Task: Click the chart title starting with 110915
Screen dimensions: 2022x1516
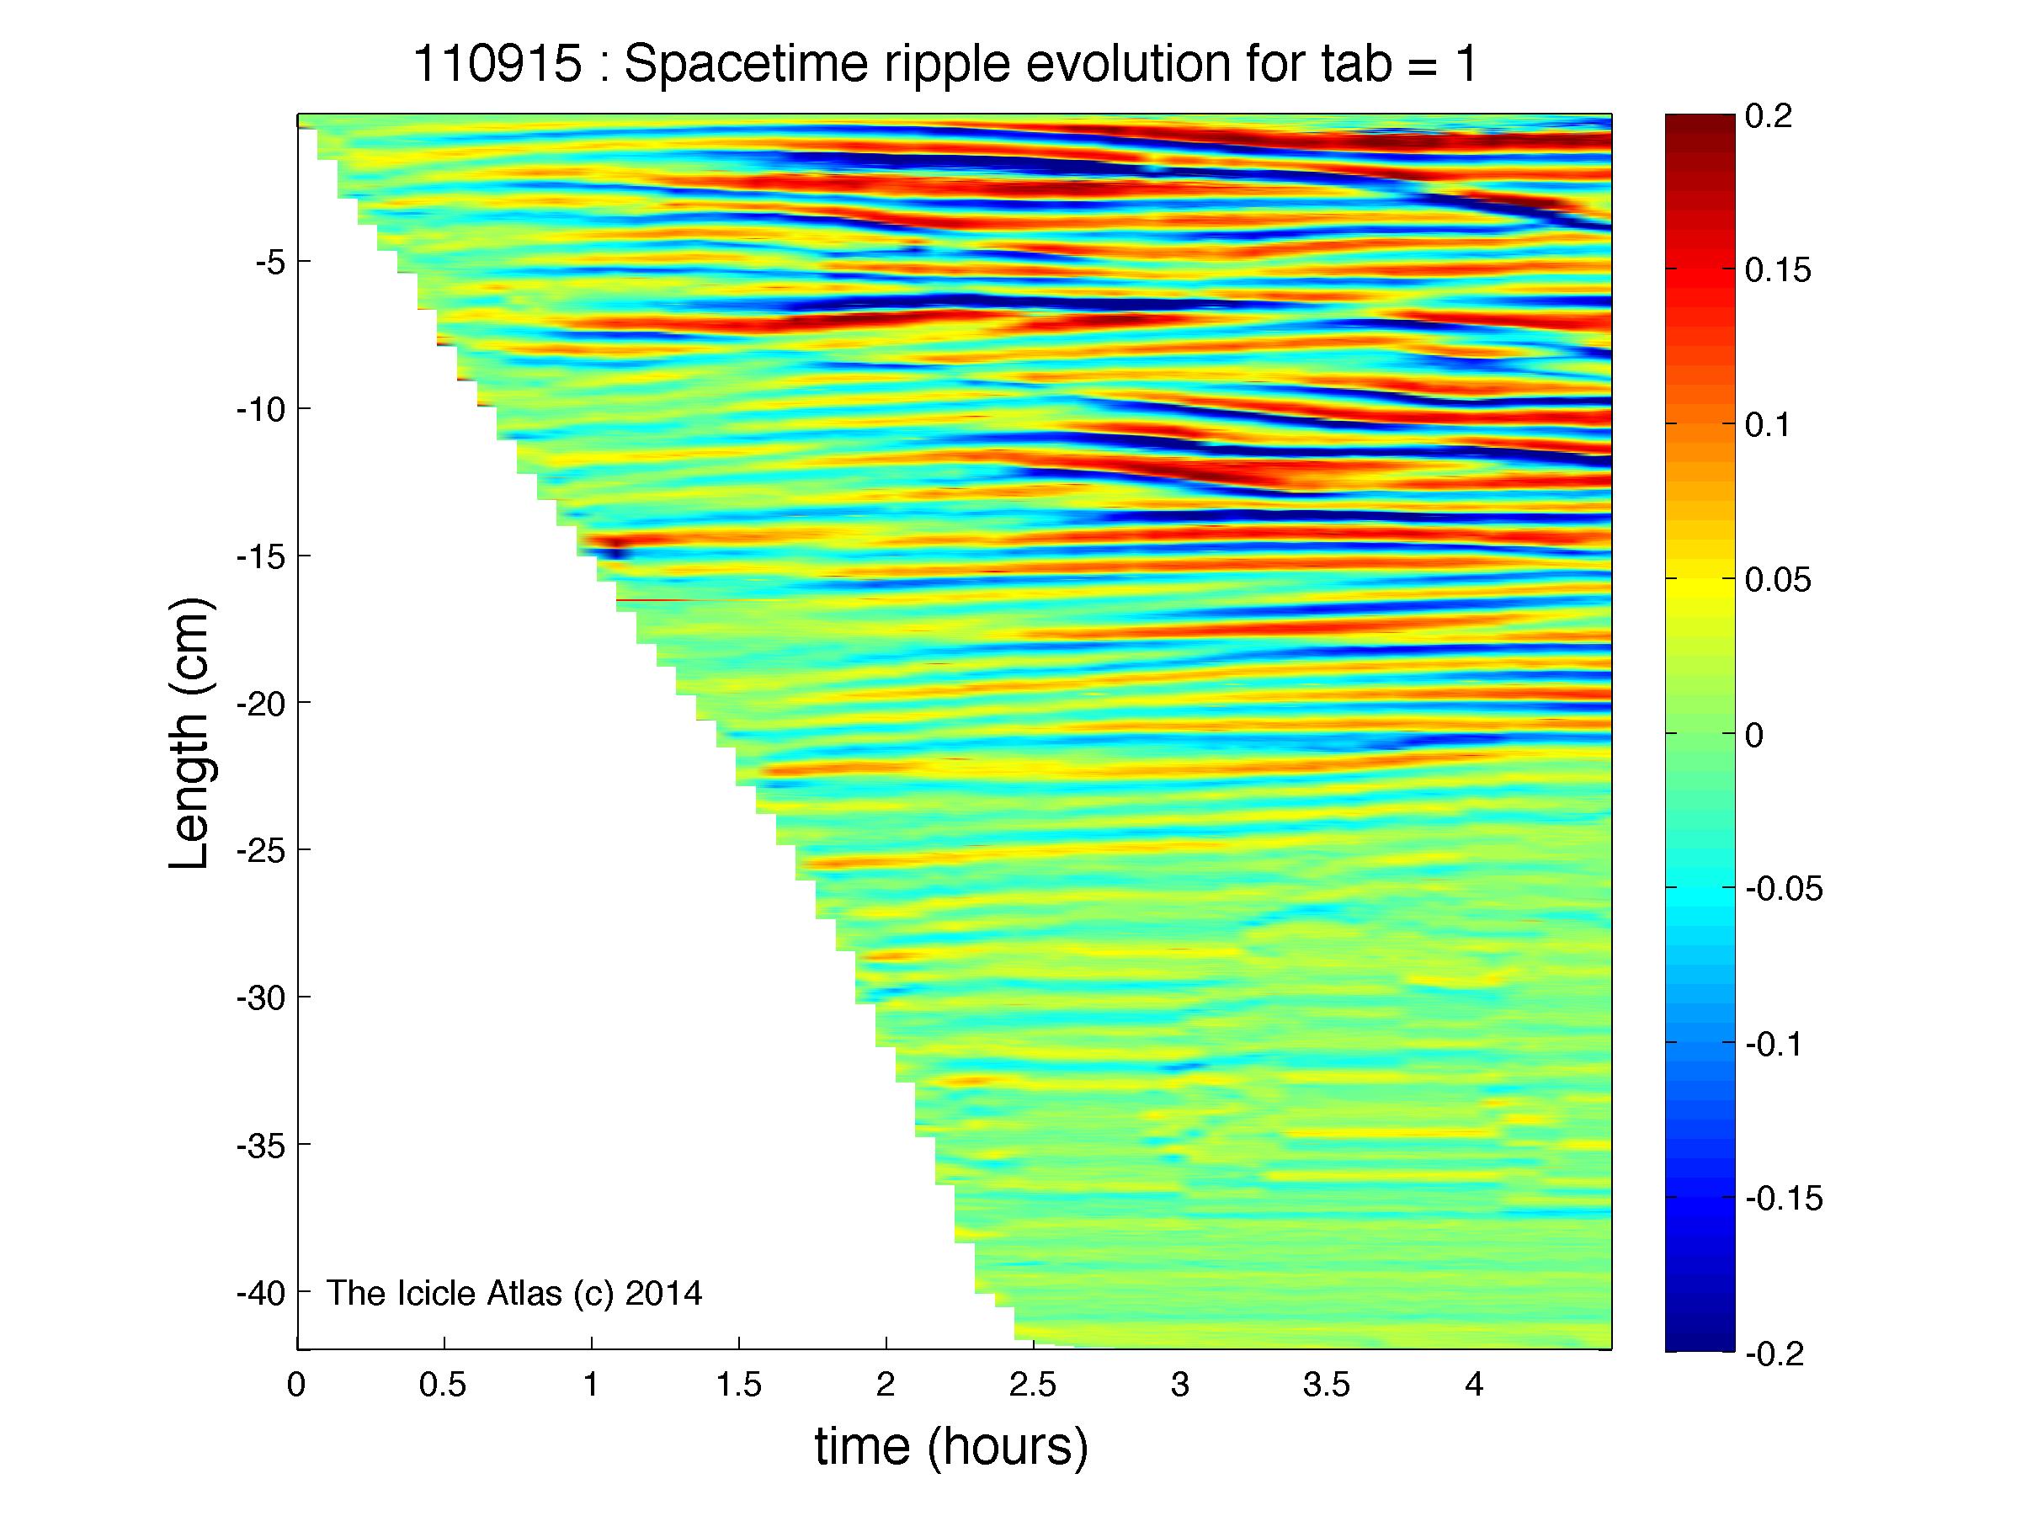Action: pos(945,65)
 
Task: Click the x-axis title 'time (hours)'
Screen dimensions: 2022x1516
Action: pos(951,1446)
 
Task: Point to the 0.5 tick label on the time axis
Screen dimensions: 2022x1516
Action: pos(443,1386)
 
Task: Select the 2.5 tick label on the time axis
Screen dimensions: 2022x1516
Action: pos(1033,1386)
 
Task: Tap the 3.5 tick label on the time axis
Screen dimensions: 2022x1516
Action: pos(1328,1386)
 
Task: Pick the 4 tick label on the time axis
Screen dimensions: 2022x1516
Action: pos(1473,1386)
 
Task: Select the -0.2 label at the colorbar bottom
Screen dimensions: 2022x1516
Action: pos(1775,1354)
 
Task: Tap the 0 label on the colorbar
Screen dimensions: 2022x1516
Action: pos(1755,735)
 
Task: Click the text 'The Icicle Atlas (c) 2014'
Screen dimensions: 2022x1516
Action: pos(514,1293)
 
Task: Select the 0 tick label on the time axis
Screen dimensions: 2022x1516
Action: pos(295,1386)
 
